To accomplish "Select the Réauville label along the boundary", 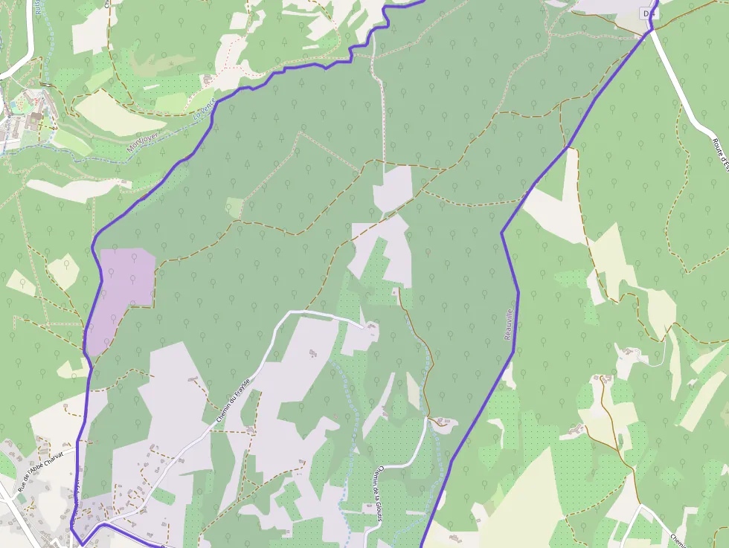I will [x=509, y=326].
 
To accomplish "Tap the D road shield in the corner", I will [x=649, y=13].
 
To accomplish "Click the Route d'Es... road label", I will [x=720, y=152].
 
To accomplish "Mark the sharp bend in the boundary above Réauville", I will [x=502, y=233].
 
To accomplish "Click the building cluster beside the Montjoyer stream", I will [x=30, y=108].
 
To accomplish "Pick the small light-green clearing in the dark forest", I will [x=235, y=207].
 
